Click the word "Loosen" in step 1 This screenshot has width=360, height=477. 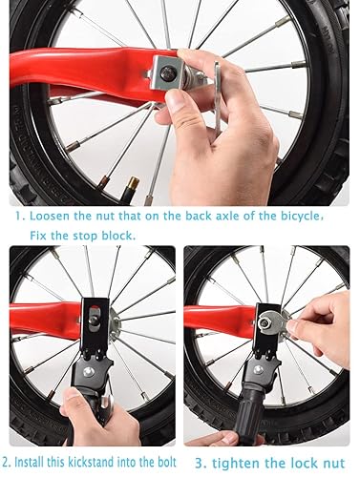click(48, 217)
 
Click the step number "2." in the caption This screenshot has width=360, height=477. click(9, 466)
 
